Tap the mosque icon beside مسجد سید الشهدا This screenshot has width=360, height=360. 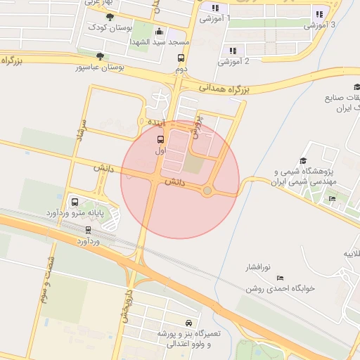tap(159, 32)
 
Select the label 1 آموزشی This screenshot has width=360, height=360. tap(215, 18)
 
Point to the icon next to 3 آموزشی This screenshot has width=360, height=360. tap(319, 13)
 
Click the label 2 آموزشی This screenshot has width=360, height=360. tap(233, 61)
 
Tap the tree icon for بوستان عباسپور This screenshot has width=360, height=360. tap(100, 56)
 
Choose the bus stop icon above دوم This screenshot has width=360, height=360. tap(181, 58)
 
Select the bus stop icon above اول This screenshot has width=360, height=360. tap(160, 139)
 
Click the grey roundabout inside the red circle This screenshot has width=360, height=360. tap(207, 191)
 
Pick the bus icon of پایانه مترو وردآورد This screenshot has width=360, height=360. tap(75, 201)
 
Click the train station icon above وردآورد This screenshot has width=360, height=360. tap(88, 229)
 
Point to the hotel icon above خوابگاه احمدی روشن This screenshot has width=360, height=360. tap(279, 276)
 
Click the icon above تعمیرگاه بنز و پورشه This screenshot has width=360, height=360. tap(188, 322)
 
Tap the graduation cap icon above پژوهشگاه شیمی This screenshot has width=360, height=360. tap(303, 160)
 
